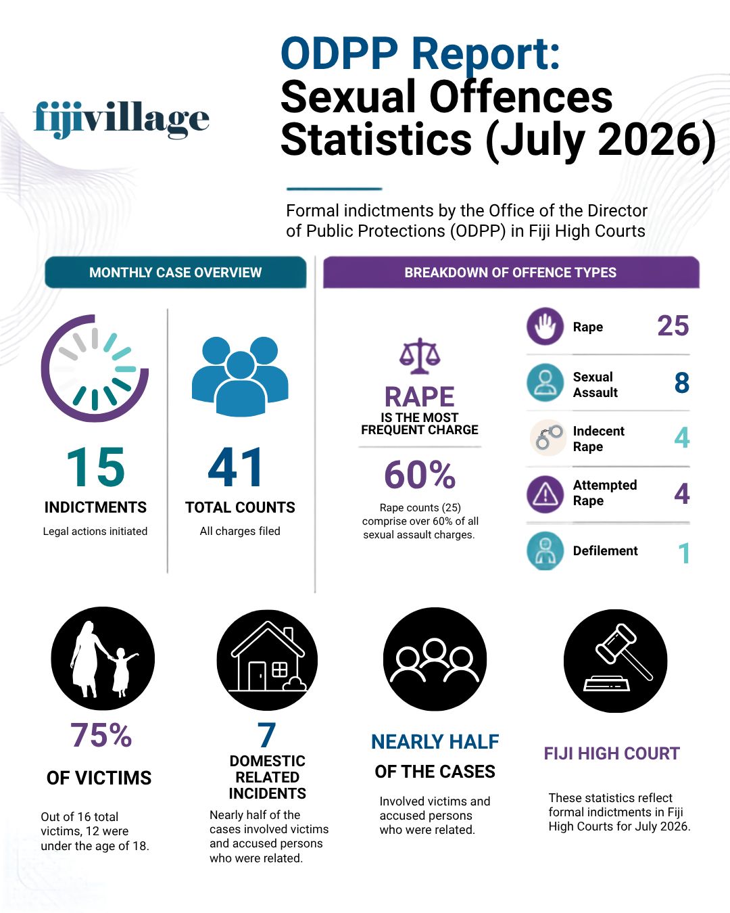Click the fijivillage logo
coord(121,119)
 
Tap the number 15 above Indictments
coord(95,467)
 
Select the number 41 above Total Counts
coord(236,467)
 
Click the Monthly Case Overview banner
coord(175,272)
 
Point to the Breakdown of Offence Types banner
coord(511,272)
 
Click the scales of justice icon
coord(420,356)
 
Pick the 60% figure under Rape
coord(420,475)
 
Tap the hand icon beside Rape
coord(545,326)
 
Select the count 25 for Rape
coord(673,326)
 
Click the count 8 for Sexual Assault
coord(681,382)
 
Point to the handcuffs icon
coord(548,438)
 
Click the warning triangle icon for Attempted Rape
coord(545,494)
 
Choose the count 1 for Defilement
coord(684,553)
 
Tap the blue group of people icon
coord(240,376)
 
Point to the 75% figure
coord(101,735)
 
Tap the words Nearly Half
coord(435,742)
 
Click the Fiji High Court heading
coord(612,754)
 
